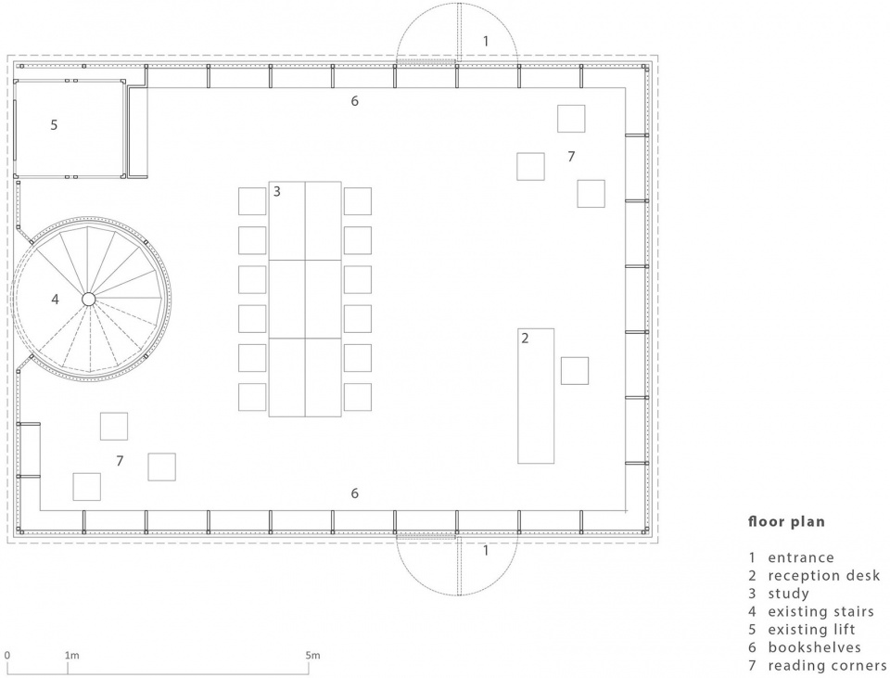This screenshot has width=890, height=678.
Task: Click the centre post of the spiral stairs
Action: click(89, 299)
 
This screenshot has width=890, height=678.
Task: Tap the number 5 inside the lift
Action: click(54, 125)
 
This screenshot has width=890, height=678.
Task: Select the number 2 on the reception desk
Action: click(525, 339)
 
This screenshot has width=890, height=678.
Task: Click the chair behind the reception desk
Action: click(575, 371)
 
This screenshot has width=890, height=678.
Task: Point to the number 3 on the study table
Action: click(277, 191)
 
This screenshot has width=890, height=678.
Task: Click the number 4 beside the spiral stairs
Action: click(55, 300)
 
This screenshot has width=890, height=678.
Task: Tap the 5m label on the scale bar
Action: click(312, 656)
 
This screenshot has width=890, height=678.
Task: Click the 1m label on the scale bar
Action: click(72, 656)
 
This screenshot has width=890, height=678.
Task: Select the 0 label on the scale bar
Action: click(6, 656)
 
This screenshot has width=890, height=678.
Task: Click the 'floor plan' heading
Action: click(787, 521)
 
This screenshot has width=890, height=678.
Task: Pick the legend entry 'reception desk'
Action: click(824, 576)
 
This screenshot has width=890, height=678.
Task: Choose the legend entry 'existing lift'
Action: click(812, 630)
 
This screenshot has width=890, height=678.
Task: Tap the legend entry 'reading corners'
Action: click(828, 666)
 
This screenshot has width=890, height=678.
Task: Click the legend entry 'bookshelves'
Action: click(815, 647)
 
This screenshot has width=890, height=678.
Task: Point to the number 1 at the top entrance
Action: click(485, 41)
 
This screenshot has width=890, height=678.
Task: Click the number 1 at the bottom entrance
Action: click(485, 551)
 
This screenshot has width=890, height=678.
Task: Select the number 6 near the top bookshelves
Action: click(355, 101)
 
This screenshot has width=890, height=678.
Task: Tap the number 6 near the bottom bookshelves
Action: click(355, 493)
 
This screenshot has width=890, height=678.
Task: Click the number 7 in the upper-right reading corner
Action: click(572, 156)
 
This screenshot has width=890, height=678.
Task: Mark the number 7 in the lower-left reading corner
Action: click(120, 461)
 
